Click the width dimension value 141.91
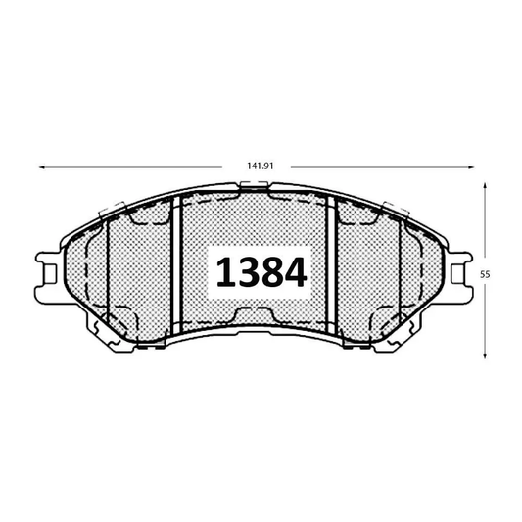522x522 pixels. click(x=261, y=166)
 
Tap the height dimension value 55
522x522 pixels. click(x=485, y=274)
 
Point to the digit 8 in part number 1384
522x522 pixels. click(x=271, y=272)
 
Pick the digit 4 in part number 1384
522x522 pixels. click(x=296, y=272)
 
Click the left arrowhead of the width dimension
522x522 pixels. click(x=42, y=167)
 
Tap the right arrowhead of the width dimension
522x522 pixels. click(x=471, y=167)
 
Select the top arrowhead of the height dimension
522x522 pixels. click(x=485, y=186)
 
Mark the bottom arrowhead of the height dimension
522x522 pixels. click(x=485, y=356)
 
